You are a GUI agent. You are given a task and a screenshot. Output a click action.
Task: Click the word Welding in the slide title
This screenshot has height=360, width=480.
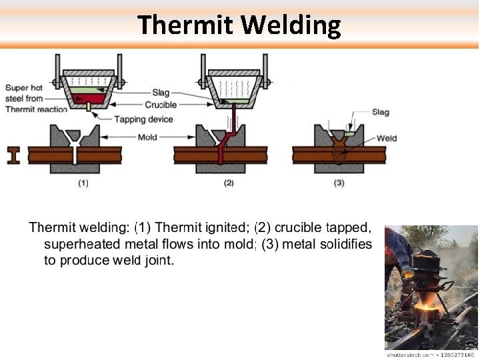click(291, 25)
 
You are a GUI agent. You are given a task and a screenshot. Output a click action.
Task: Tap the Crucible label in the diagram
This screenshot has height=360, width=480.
click(161, 105)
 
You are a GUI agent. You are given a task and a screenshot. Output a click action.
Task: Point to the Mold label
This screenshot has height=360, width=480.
click(147, 137)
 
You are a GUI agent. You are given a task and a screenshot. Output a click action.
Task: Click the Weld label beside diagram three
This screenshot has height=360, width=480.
click(387, 139)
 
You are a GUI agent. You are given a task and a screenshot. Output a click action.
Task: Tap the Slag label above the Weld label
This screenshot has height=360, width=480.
click(381, 113)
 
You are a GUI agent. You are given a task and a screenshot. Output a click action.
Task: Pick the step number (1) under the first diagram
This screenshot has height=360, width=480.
click(84, 183)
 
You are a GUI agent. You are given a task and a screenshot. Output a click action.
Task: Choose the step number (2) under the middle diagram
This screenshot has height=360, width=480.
click(229, 183)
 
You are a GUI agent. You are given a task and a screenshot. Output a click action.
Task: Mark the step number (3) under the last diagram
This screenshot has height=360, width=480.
click(339, 183)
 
